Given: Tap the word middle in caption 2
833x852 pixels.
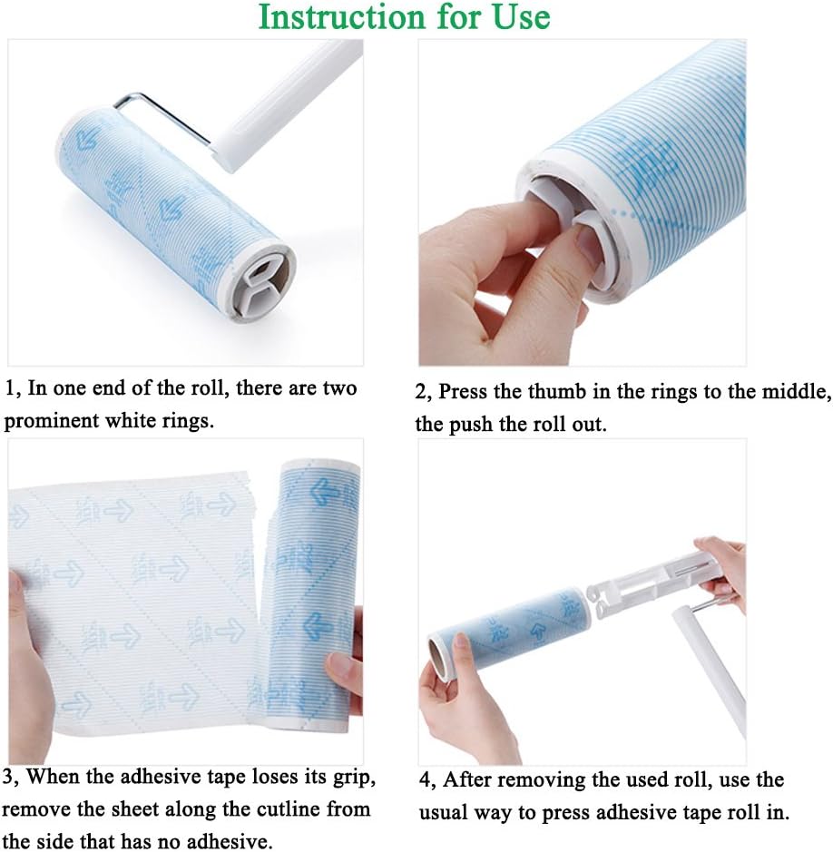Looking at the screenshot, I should pyautogui.click(x=787, y=392).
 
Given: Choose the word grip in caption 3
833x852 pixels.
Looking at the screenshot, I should pyautogui.click(x=355, y=778).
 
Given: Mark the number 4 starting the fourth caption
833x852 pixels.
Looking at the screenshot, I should pyautogui.click(x=424, y=780).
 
